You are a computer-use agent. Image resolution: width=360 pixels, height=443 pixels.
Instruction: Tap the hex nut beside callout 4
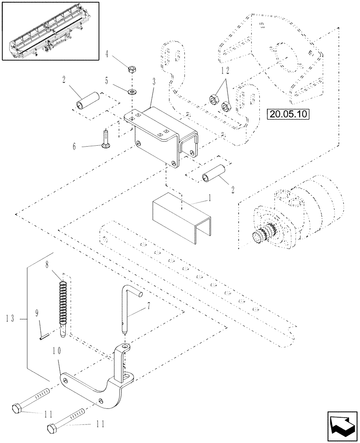click(132, 69)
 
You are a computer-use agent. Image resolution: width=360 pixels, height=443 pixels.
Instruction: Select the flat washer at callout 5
click(132, 92)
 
